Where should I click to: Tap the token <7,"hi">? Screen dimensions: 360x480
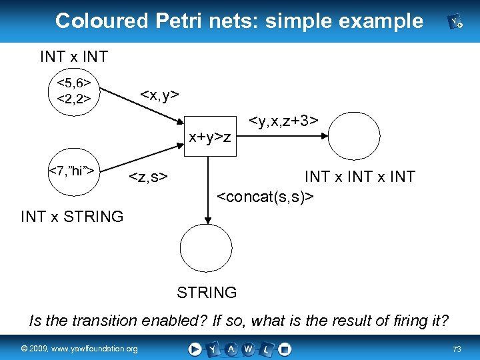(x=74, y=171)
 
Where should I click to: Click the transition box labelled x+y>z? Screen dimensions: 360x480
(x=209, y=137)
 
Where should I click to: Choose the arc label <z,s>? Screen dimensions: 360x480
(x=148, y=177)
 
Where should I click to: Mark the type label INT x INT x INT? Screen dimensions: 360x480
(x=359, y=177)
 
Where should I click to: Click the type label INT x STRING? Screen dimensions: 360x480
(x=72, y=217)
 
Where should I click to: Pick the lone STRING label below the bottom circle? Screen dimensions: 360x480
(x=207, y=292)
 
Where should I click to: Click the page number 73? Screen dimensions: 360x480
(x=457, y=349)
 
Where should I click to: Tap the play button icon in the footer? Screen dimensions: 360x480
(x=195, y=349)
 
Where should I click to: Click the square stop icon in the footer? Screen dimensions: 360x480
(x=285, y=349)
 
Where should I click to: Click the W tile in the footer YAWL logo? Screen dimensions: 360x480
(x=248, y=349)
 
